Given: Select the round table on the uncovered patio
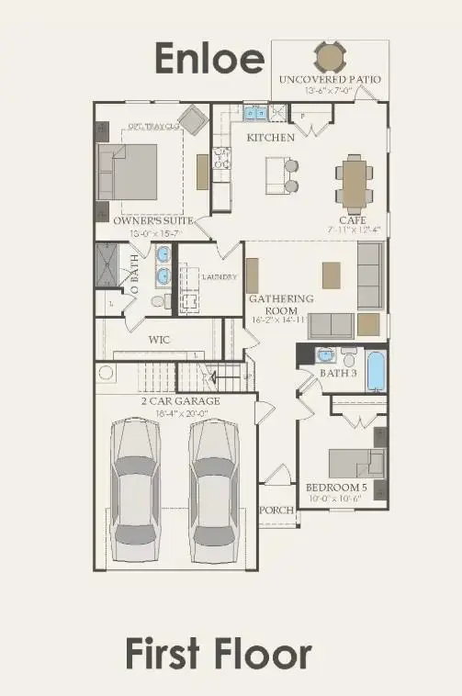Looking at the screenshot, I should pos(329,58).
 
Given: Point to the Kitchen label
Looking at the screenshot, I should pos(270,138).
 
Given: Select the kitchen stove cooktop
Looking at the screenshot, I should pos(220,158).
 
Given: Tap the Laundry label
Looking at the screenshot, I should pos(220,276).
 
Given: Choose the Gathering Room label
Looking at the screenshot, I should pos(282,304).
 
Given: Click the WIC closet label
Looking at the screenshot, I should pos(160,339).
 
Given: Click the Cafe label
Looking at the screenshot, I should pos(352,220).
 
